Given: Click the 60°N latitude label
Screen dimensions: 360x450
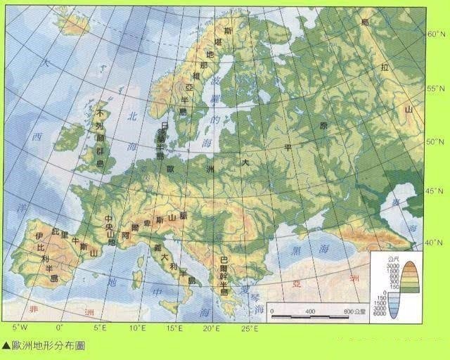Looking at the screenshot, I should pos(437,34).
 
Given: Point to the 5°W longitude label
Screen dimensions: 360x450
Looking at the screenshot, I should pos(20,328).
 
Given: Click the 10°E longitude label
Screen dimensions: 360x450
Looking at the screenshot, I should pos(137,328).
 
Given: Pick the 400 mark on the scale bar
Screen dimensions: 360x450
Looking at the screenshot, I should pos(310,311).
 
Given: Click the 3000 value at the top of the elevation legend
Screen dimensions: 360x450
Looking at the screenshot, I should pos(392,267).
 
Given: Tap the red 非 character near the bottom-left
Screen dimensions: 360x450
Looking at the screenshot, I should pos(32,309).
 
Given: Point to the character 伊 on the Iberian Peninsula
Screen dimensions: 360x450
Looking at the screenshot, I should pos(40,236).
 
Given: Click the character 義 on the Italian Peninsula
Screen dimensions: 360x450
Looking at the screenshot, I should pos(157,248).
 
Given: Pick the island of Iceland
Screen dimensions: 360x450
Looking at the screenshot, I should pos(72,22).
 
